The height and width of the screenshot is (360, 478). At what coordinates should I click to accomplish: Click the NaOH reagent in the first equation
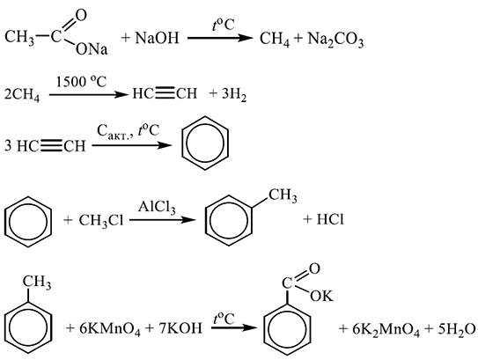tap(157, 39)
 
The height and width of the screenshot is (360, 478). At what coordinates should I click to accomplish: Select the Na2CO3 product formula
tap(335, 40)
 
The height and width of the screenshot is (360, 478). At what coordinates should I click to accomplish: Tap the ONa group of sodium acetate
tap(92, 49)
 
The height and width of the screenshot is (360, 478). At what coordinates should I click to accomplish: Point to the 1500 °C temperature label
tap(81, 82)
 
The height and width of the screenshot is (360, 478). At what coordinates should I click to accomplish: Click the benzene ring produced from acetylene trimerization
tap(205, 143)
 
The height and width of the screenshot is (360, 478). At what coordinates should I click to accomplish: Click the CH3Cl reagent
tap(101, 220)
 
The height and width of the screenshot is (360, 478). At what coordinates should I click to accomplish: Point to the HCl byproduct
tap(330, 219)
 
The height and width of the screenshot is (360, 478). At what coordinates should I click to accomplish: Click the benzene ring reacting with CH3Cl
tap(28, 197)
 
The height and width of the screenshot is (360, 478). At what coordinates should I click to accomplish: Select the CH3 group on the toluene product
tap(283, 195)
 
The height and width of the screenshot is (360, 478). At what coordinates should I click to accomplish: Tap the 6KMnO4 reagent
tap(110, 329)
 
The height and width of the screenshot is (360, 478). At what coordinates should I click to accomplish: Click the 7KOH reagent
tap(180, 328)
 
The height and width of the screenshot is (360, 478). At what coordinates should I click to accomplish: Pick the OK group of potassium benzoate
tap(322, 296)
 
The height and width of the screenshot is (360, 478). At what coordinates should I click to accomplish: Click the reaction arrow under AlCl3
tap(162, 219)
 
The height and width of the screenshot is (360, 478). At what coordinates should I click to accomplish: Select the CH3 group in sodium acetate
tap(19, 38)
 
